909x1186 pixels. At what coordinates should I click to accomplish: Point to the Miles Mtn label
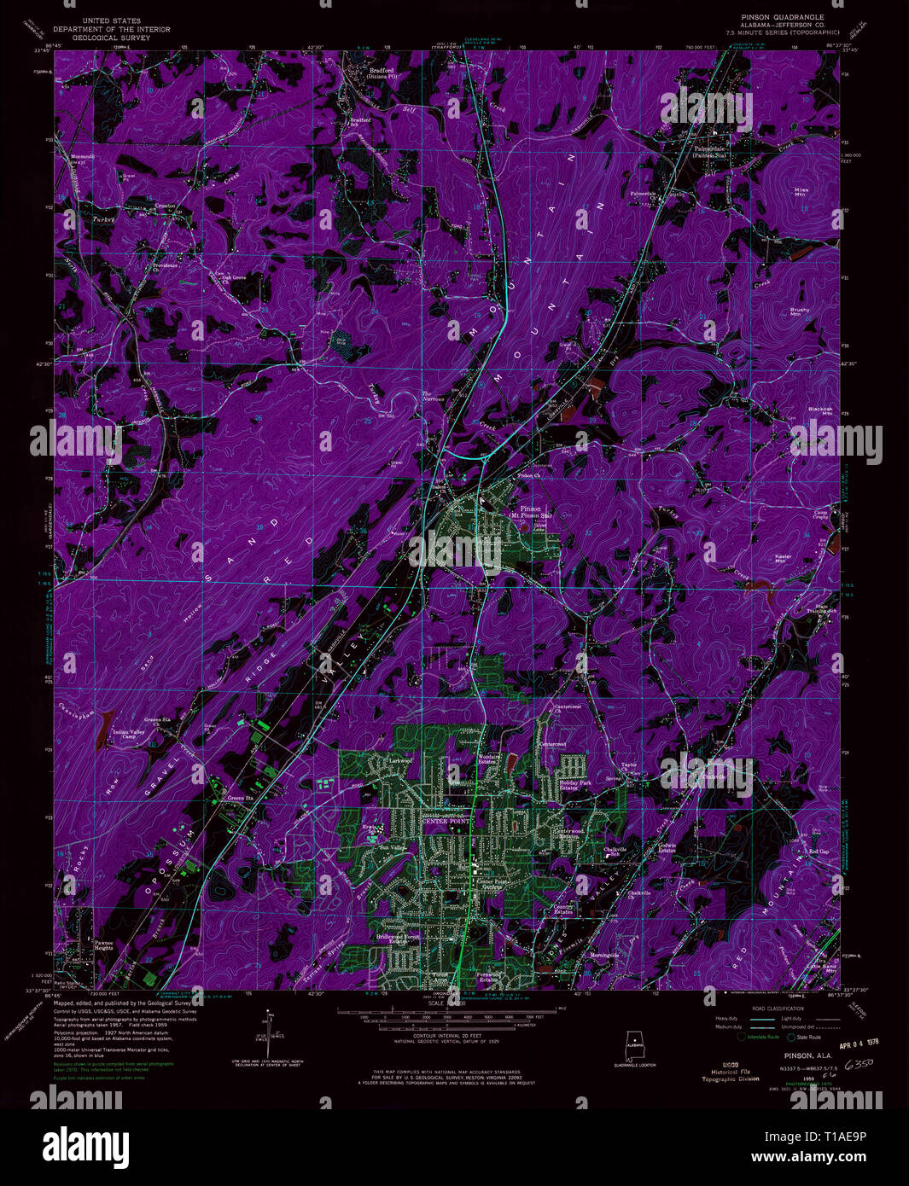(801, 192)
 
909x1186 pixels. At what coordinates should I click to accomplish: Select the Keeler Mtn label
(783, 559)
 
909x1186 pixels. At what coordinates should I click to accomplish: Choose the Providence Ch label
(166, 265)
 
